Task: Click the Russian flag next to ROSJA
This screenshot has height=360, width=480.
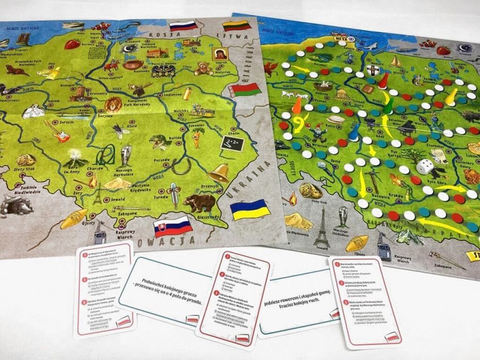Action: [183, 25]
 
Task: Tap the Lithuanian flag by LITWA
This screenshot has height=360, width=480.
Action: [236, 26]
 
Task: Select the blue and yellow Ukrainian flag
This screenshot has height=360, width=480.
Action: [250, 209]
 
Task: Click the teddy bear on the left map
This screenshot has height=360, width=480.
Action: [204, 68]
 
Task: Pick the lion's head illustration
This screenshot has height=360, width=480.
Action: [113, 104]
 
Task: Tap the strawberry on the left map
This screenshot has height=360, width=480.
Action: [72, 44]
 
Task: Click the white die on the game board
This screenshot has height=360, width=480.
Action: [425, 167]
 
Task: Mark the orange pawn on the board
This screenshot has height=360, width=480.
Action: [297, 105]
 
